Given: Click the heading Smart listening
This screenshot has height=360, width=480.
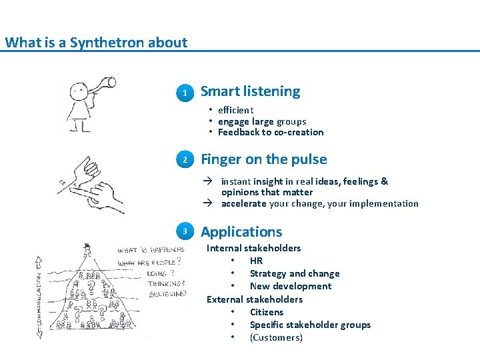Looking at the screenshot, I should [x=250, y=91].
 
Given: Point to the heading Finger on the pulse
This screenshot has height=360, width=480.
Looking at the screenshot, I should [x=263, y=159].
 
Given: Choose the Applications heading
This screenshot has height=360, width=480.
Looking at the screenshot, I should [x=241, y=232].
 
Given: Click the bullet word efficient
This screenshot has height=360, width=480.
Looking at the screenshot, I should [x=235, y=110].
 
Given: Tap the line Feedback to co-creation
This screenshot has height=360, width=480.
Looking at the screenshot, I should [x=270, y=132].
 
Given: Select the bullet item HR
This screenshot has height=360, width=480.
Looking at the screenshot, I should [x=256, y=261].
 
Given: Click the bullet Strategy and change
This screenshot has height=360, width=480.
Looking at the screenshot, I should [x=294, y=273].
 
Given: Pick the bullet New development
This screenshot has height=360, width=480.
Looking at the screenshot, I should [x=290, y=286].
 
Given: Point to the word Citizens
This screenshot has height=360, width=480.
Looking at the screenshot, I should [x=266, y=312].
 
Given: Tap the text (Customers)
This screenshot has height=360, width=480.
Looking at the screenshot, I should [x=275, y=337].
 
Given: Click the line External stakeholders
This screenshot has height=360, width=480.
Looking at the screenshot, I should [x=254, y=299].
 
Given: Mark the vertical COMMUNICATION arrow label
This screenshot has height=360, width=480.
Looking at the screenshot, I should [x=38, y=297].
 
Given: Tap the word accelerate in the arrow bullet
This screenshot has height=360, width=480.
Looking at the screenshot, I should [x=243, y=204].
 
